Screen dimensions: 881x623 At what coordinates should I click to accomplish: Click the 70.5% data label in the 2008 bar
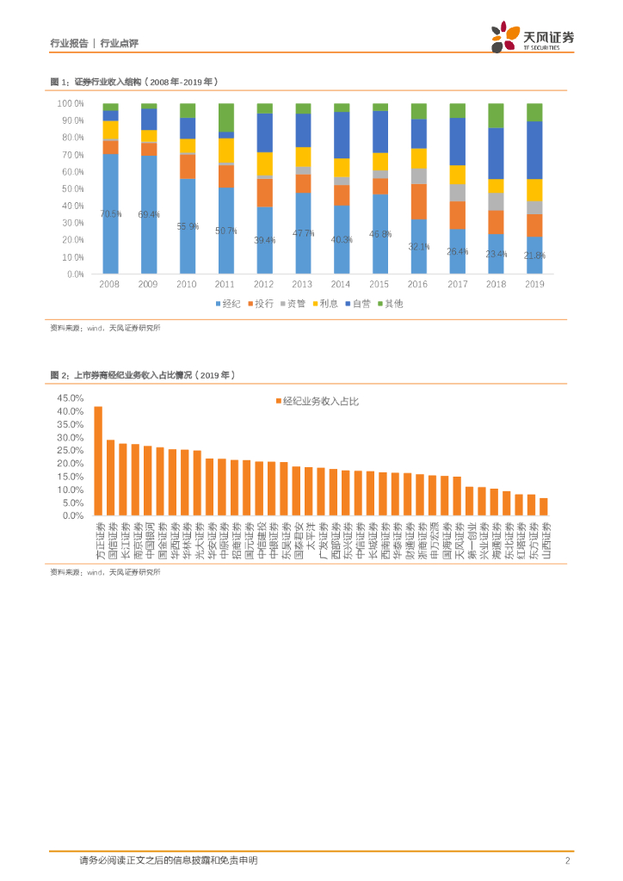click(110, 214)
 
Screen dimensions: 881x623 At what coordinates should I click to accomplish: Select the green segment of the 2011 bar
click(225, 117)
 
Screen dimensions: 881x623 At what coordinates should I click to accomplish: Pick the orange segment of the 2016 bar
click(418, 201)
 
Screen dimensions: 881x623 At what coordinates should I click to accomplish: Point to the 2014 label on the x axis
click(342, 283)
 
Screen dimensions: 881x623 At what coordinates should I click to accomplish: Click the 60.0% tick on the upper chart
click(70, 171)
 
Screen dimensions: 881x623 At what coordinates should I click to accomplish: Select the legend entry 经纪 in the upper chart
click(227, 304)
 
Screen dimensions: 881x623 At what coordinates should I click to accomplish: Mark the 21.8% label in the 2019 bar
click(534, 256)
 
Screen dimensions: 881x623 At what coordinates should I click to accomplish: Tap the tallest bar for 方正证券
click(98, 460)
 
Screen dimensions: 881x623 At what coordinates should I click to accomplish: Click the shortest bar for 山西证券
click(544, 507)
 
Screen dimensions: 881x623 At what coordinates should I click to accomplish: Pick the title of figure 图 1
click(135, 82)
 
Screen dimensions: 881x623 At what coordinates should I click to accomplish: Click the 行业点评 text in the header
click(120, 43)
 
